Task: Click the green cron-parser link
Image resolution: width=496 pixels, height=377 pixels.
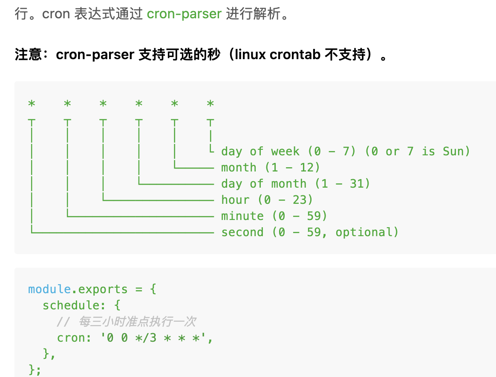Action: pos(184,14)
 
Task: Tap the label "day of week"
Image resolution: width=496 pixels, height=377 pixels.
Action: pos(260,151)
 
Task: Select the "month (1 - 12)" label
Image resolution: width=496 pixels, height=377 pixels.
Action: pos(271,168)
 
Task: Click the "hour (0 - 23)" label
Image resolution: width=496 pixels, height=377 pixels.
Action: pos(267,200)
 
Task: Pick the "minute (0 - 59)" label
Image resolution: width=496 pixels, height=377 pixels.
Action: pos(274,216)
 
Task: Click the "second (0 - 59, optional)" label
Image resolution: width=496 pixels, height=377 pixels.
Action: pos(310,232)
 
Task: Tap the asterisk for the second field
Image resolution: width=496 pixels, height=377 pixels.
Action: pos(32,103)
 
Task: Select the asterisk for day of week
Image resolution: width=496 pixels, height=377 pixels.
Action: pos(210,103)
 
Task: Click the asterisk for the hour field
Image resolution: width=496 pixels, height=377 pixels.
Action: pos(103,103)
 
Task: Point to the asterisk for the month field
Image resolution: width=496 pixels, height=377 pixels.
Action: pos(174,103)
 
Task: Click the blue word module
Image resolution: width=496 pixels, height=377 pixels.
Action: pos(49,289)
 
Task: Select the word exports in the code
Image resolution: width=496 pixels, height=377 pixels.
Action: pos(103,289)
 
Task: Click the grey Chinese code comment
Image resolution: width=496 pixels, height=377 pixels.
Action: pos(137,322)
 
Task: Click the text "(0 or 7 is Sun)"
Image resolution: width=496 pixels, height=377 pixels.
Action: pos(417,151)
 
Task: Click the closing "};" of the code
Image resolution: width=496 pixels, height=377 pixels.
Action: pos(35,369)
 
